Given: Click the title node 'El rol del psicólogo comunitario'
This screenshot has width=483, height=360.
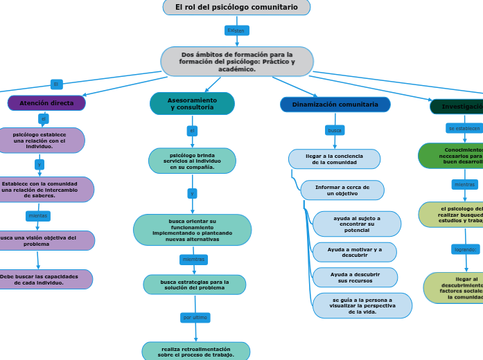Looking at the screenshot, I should coord(236,8).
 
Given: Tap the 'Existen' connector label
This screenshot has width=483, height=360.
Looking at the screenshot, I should coord(236,31).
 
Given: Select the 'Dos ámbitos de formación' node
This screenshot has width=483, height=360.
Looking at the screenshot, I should coord(237,62).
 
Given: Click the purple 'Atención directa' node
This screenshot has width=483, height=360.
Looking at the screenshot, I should coord(46,103).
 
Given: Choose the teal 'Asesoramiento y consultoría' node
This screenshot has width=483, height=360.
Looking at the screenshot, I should coord(192,104).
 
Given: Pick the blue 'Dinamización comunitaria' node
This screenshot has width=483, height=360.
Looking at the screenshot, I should coord(335,105).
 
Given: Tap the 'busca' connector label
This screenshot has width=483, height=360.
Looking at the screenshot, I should coord(335,130).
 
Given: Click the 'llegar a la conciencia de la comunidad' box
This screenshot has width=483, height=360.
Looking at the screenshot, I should coord(334,159).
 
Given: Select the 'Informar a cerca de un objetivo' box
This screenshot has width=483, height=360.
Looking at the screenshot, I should coord(342,190).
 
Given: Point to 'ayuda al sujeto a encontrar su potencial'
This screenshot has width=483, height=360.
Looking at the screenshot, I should coord(357,224).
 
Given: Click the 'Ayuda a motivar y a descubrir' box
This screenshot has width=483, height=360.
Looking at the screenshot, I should coord(355,252).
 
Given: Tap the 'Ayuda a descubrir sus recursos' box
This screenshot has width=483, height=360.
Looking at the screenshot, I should coord(355,278).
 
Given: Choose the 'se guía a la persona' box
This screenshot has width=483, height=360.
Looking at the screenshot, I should coord(362,306).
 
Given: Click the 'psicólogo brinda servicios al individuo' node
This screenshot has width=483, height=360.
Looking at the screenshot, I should coord(192,161).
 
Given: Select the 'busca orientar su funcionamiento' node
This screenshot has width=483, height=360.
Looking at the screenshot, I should coord(192,230).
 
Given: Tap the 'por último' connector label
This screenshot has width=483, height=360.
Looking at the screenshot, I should coord(195,318).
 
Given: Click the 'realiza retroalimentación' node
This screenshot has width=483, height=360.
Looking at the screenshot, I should coord(195,352).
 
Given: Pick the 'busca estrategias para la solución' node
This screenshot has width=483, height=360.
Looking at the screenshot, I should coord(194,285).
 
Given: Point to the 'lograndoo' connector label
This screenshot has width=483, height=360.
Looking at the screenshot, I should coord(465,249).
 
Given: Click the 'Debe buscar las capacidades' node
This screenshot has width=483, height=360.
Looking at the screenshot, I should coord(47,279).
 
